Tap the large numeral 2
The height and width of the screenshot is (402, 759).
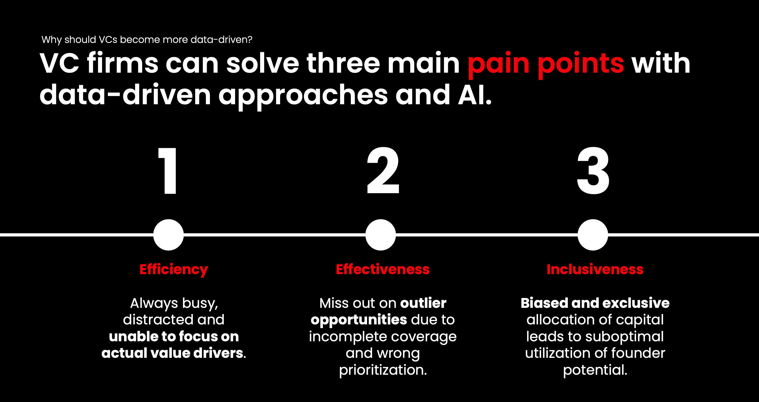coord(383,170)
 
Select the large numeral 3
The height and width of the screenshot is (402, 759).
coord(593,171)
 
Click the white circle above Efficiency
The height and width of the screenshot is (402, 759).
coord(169,235)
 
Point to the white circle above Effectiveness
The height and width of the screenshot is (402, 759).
coord(381,235)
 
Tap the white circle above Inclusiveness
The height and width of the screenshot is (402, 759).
coord(593,235)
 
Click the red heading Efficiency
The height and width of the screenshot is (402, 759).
coord(174,270)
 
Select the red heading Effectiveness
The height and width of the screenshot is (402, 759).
coord(383,269)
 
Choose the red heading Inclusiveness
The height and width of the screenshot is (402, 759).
coord(595,269)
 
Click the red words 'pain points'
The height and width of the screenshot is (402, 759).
coord(546,65)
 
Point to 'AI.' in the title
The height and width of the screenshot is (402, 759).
coord(475,94)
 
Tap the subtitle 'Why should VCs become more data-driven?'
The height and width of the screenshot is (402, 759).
coord(147,40)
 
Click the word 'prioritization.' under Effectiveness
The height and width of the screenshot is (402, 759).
coord(383,370)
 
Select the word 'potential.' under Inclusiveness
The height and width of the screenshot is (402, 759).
coord(595,370)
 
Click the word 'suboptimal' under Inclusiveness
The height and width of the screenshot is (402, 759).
coord(624,337)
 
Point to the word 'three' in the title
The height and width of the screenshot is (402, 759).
coord(343,63)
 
